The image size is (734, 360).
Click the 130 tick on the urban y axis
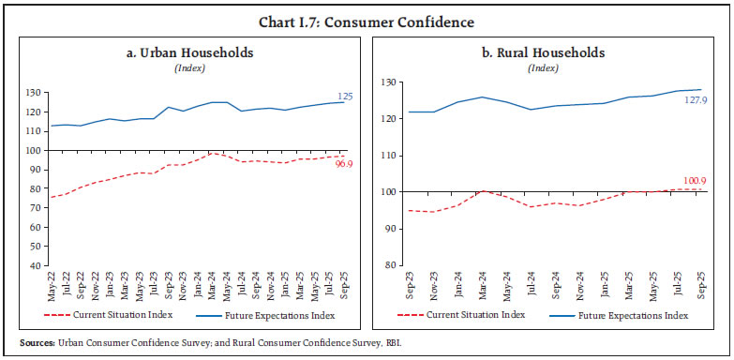[x=35, y=93]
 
